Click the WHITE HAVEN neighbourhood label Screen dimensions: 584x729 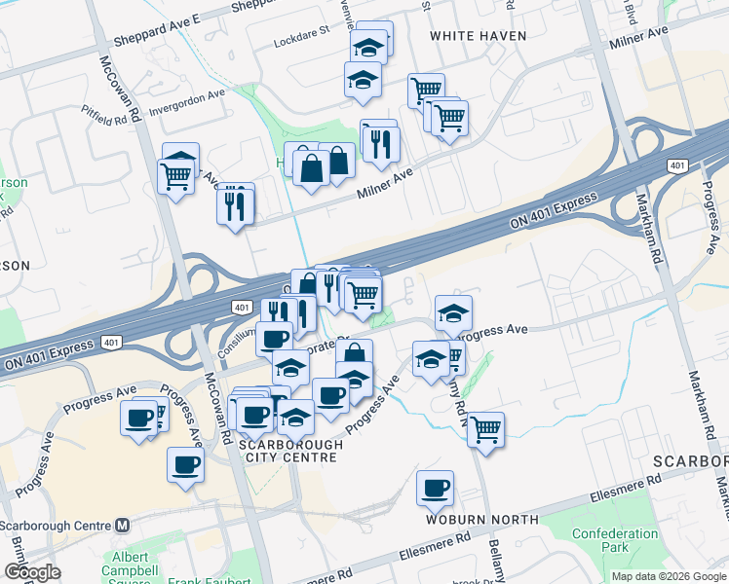(x=478, y=36)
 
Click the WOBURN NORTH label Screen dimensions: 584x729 (x=469, y=520)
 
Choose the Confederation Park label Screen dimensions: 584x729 (x=615, y=541)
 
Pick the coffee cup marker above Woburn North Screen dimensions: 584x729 (x=435, y=488)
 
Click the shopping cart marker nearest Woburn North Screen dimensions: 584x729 (x=485, y=428)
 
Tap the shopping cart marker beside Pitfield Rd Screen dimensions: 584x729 (x=175, y=177)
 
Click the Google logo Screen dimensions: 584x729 (x=31, y=572)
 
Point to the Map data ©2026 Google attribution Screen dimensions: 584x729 (x=668, y=576)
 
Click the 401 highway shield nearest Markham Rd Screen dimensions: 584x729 (x=676, y=166)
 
